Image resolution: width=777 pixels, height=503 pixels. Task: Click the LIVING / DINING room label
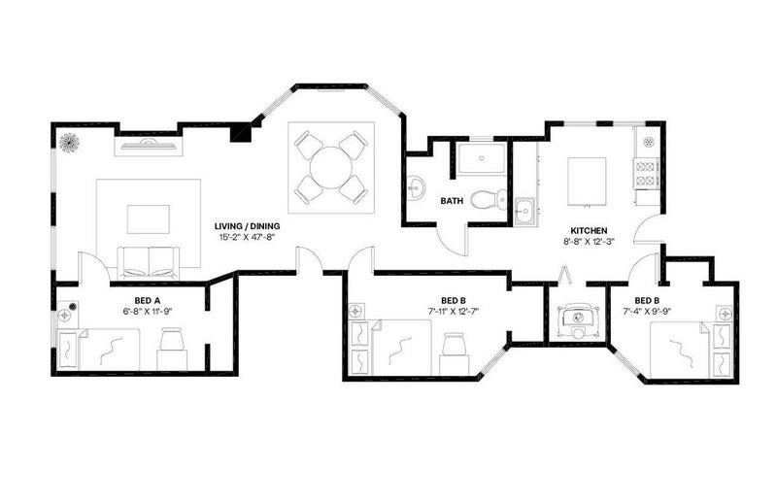pyautogui.click(x=247, y=226)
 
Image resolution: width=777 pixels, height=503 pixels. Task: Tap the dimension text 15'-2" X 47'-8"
pyautogui.click(x=247, y=237)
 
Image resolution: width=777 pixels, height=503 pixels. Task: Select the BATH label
pyautogui.click(x=452, y=201)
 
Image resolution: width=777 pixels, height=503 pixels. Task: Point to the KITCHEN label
pyautogui.click(x=589, y=231)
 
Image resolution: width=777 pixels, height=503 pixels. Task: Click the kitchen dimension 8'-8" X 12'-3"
pyautogui.click(x=589, y=242)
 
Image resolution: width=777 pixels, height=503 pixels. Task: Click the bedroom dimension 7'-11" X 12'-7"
pyautogui.click(x=453, y=311)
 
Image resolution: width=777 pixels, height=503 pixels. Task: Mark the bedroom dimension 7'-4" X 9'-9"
pyautogui.click(x=646, y=311)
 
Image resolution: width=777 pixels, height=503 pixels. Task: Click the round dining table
pyautogui.click(x=331, y=167)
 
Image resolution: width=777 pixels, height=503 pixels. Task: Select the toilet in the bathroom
pyautogui.click(x=489, y=199)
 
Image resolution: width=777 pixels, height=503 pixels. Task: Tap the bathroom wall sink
pyautogui.click(x=416, y=188)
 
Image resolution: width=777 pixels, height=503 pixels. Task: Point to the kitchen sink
pyautogui.click(x=524, y=212)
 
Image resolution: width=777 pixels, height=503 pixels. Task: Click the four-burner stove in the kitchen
pyautogui.click(x=646, y=174)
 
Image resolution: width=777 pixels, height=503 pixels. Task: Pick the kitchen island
pyautogui.click(x=587, y=182)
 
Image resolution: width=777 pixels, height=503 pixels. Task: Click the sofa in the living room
pyautogui.click(x=149, y=263)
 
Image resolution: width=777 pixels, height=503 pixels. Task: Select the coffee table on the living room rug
pyautogui.click(x=149, y=219)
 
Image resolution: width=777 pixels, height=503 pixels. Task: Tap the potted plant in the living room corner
pyautogui.click(x=69, y=143)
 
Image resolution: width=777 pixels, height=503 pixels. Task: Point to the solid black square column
pyautogui.click(x=241, y=132)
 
